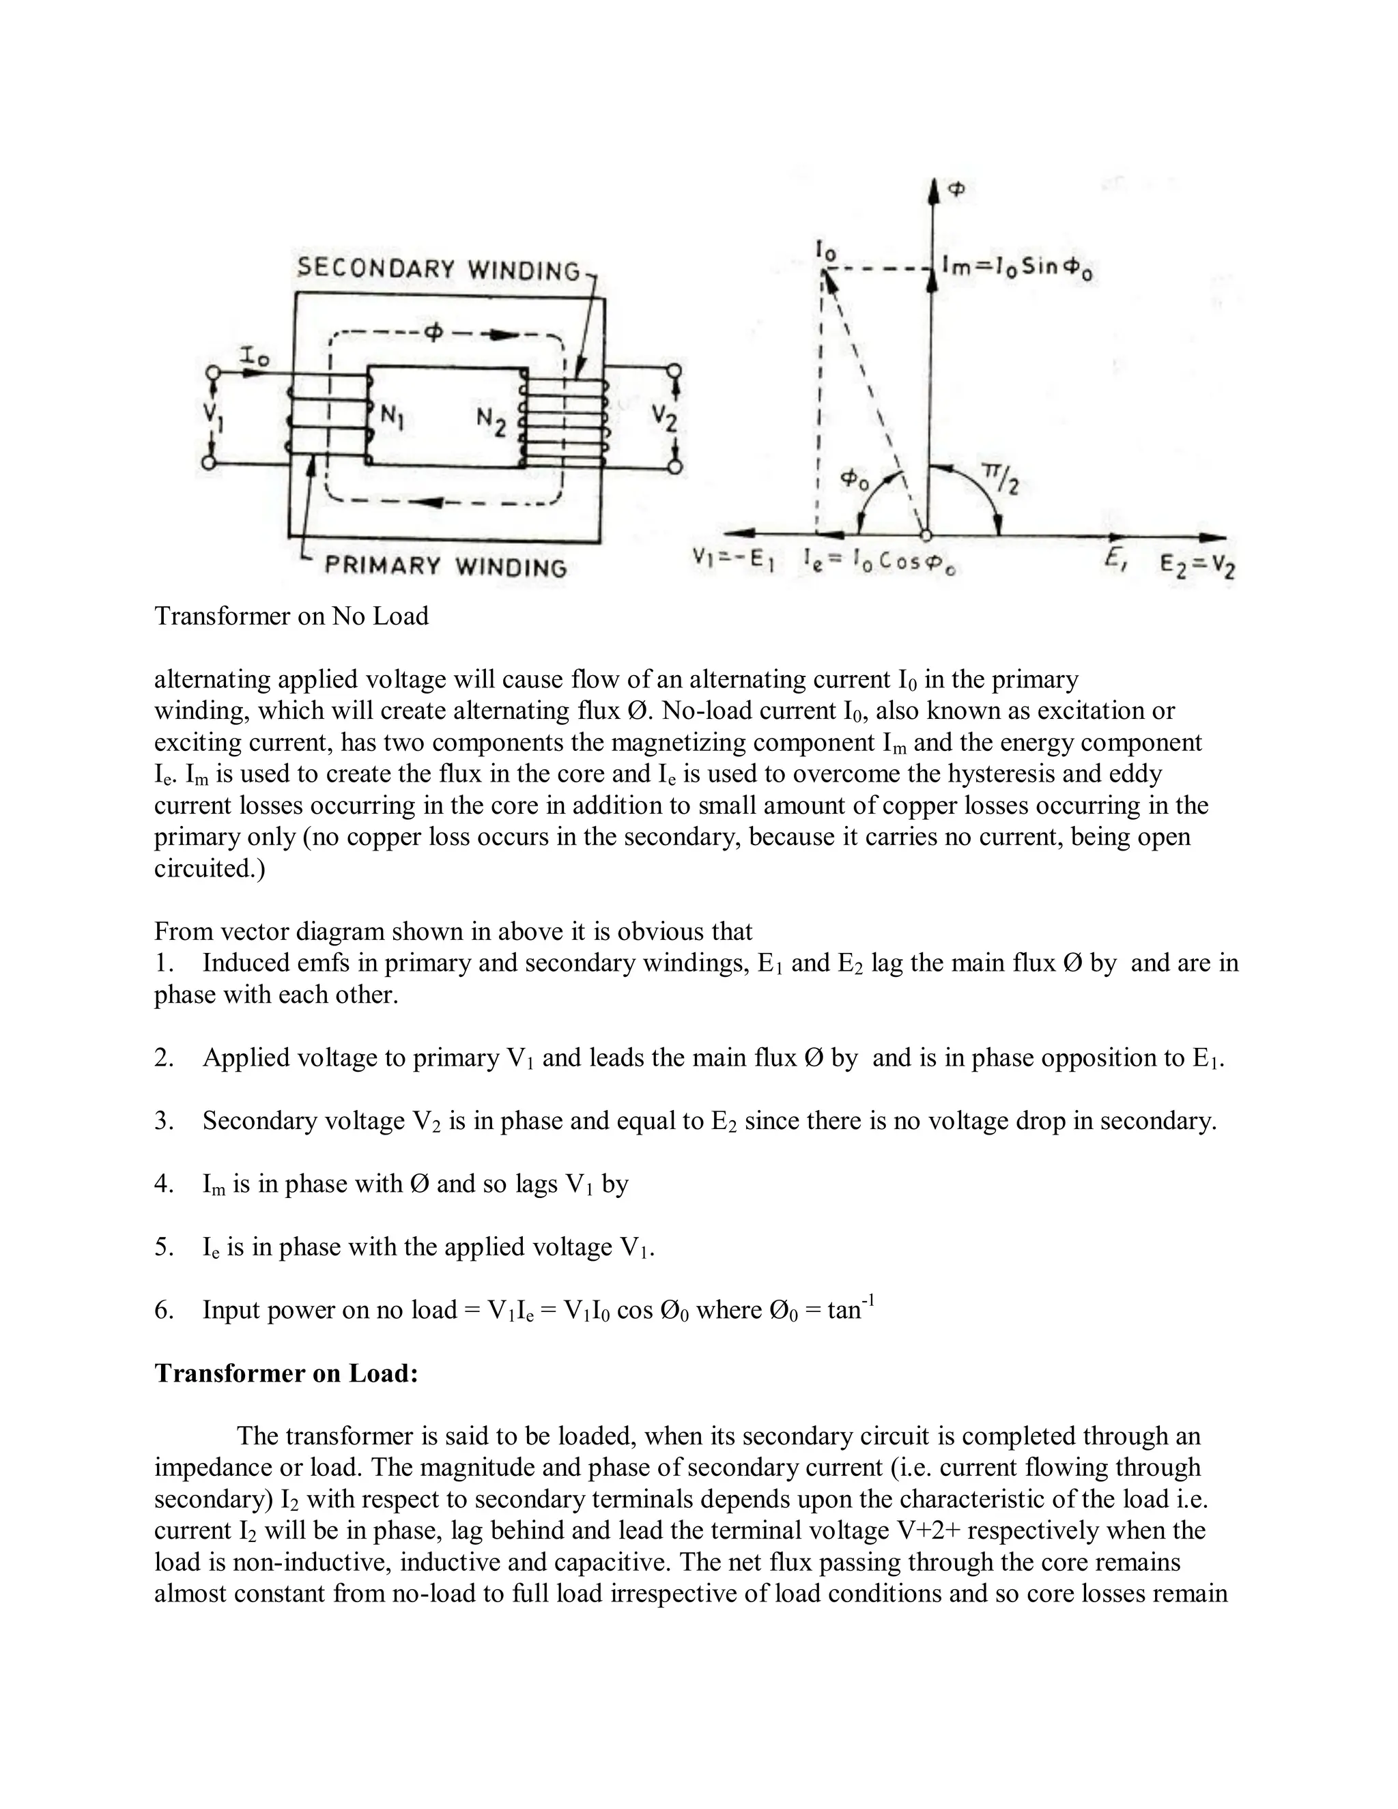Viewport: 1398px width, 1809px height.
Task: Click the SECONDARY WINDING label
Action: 438,269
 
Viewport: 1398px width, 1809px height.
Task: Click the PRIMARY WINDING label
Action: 446,567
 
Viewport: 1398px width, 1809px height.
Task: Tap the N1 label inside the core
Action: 392,418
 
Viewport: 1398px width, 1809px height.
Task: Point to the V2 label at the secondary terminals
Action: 664,418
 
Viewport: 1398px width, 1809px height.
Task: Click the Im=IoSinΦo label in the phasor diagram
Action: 1017,268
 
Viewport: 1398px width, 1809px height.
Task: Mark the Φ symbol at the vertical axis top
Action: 956,190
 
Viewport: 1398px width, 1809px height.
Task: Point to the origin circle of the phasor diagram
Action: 927,535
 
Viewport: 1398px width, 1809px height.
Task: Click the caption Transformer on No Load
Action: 291,616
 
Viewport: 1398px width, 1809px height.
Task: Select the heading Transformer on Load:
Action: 287,1373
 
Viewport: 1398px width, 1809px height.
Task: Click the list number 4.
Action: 163,1184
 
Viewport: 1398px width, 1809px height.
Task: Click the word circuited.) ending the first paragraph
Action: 210,869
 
